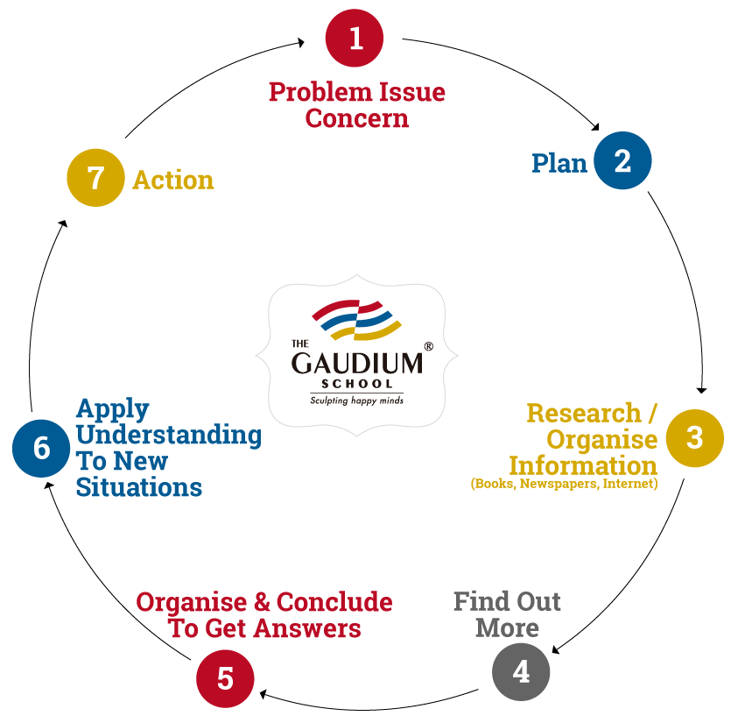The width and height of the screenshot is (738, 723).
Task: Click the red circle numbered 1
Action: [x=355, y=38]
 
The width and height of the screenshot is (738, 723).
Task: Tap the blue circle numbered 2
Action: [x=622, y=160]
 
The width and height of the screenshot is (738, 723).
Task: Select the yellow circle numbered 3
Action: [x=695, y=438]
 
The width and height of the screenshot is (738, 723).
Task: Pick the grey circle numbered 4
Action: [x=521, y=671]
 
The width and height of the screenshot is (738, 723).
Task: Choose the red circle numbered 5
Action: [x=225, y=678]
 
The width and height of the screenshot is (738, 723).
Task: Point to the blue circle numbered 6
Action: [x=41, y=448]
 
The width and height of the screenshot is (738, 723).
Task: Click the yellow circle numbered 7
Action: [x=95, y=178]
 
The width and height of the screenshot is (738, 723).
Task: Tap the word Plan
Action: [x=559, y=163]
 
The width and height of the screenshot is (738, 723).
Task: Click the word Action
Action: [x=173, y=180]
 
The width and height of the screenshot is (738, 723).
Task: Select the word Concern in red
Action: [x=357, y=118]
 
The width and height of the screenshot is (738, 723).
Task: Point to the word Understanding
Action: [x=169, y=434]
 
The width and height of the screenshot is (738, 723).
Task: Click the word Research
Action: [x=584, y=413]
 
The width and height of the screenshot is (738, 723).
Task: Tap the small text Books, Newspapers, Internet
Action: [x=565, y=484]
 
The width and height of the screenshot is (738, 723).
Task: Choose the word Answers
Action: [x=308, y=628]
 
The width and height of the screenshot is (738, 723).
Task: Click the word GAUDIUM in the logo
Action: [x=357, y=363]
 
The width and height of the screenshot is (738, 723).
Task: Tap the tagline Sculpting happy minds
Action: [x=357, y=400]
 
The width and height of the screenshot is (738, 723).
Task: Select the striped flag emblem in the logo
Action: [x=356, y=320]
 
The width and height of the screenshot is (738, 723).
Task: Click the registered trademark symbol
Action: [x=429, y=346]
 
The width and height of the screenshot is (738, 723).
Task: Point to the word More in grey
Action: [x=508, y=627]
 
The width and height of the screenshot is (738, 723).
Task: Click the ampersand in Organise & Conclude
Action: [x=262, y=602]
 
